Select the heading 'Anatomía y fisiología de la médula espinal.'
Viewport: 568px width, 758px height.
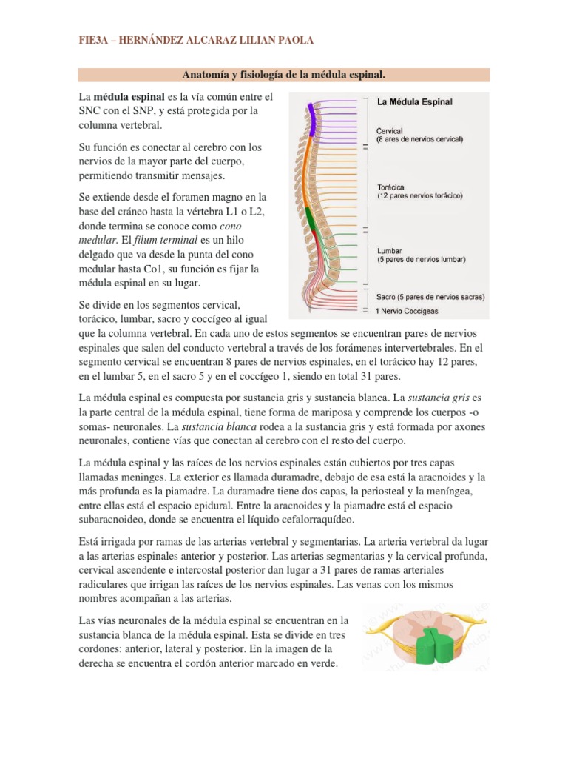[284, 75]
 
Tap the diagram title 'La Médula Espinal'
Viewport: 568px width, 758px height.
[416, 102]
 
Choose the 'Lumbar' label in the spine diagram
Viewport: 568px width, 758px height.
[390, 251]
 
